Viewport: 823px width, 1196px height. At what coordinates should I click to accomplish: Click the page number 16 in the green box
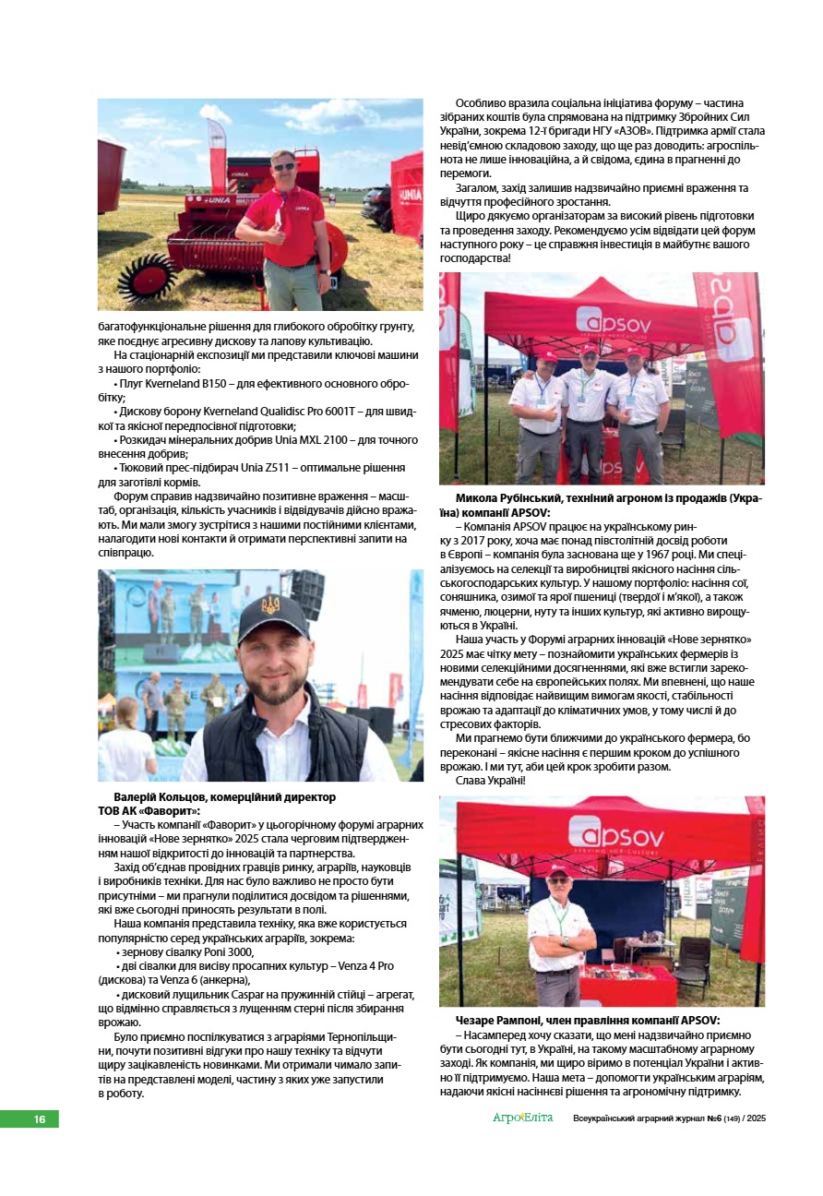[39, 1118]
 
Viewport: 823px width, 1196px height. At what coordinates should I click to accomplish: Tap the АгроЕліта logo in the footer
[522, 1118]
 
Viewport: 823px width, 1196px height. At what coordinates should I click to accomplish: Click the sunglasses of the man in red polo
[284, 166]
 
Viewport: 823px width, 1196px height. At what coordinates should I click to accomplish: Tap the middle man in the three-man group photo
[586, 406]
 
